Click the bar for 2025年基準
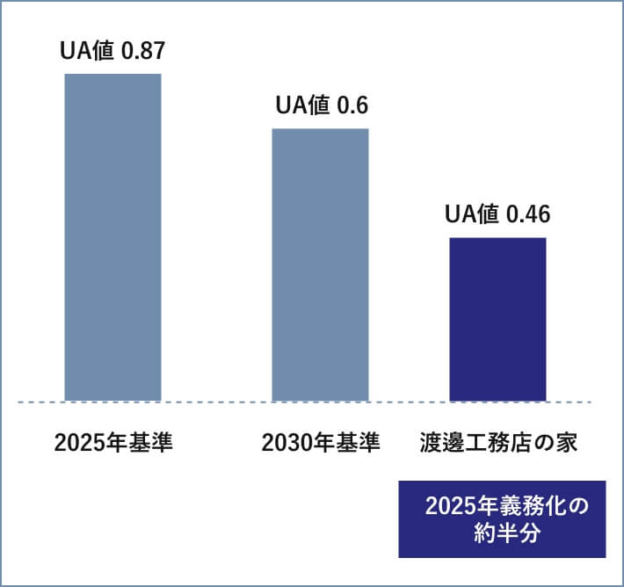112,237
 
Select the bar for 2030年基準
320,265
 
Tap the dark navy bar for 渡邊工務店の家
497,319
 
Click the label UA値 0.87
112,51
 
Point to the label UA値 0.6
321,106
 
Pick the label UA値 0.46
497,214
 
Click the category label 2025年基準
113,442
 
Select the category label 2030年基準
321,442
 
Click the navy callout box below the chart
502,518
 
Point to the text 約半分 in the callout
502,533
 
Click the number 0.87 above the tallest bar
142,51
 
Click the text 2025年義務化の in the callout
502,507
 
